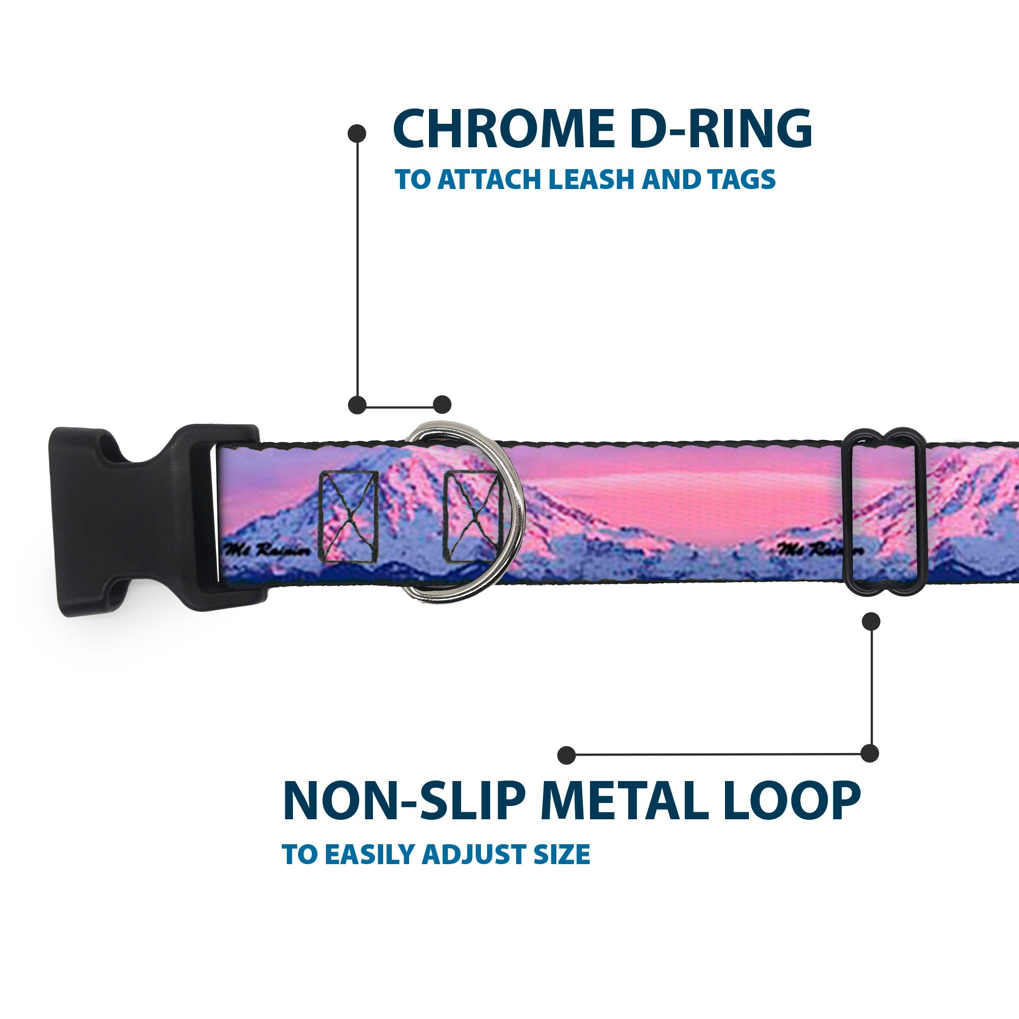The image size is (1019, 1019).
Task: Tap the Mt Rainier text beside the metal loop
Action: click(821, 549)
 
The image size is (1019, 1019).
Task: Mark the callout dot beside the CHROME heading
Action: click(357, 133)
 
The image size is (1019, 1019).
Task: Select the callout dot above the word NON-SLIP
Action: click(567, 755)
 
